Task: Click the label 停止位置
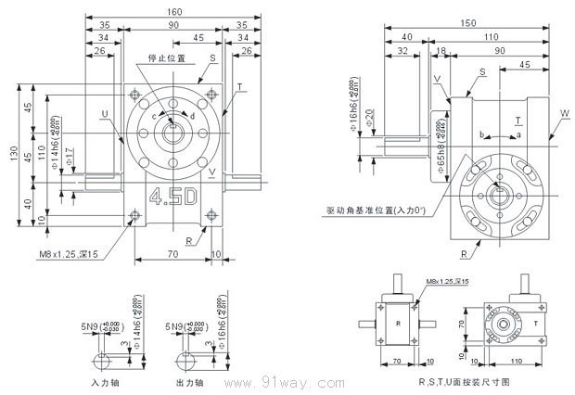click(166, 57)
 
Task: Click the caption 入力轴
click(102, 381)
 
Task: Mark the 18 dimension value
click(441, 53)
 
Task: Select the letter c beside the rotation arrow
click(154, 116)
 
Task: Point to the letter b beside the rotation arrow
click(481, 136)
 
